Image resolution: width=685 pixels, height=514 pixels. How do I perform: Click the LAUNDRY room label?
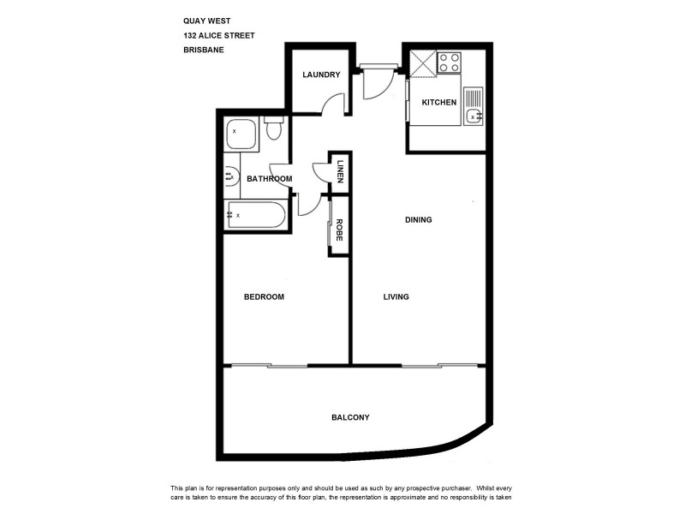point(321,75)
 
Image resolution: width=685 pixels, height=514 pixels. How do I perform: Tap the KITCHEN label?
point(439,103)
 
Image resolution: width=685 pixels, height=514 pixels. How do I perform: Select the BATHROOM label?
point(270,179)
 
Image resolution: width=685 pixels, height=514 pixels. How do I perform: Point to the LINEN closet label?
point(340,171)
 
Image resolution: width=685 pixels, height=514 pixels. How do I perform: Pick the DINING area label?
point(419,220)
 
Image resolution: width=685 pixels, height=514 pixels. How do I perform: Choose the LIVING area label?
point(396,297)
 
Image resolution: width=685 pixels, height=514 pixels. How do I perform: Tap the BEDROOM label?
point(264,297)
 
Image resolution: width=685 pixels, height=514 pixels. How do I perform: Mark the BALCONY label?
point(350,417)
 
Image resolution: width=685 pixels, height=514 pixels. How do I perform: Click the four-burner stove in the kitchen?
point(450,63)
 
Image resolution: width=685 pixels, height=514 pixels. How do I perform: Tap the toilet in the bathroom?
point(273,129)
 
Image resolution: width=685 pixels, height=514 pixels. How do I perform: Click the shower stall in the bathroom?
point(242,134)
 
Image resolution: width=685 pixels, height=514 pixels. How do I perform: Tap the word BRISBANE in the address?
point(204,50)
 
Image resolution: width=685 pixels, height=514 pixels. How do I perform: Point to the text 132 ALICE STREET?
point(218,36)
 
